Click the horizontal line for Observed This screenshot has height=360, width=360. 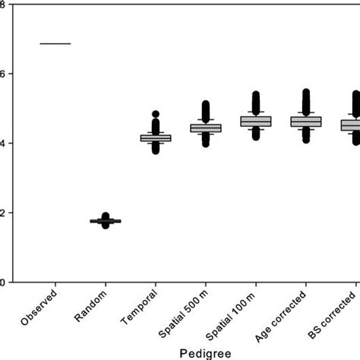pos(55,43)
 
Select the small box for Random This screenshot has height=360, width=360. pos(106,221)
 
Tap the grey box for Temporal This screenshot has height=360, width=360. pos(155,137)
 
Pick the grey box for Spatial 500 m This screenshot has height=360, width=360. pos(205,128)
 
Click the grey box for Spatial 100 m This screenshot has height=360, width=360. pos(255,121)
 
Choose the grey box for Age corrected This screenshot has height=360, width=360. pos(305,122)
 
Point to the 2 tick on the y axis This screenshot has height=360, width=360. pos(4,213)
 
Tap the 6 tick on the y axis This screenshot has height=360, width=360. pos(4,74)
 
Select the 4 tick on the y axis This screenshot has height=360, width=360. pos(4,144)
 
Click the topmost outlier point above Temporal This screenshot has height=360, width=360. pos(155,114)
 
